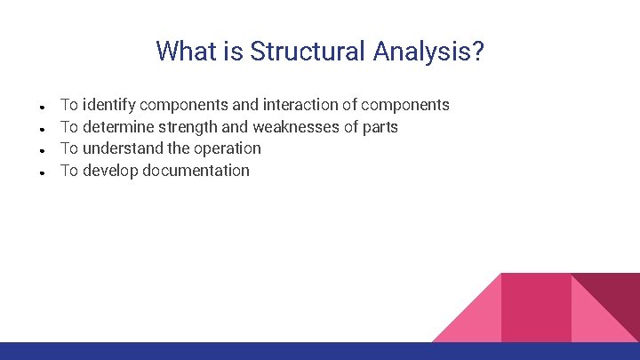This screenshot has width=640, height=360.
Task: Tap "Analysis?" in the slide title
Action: pos(428,51)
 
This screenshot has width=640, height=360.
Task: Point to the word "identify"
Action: pos(109,105)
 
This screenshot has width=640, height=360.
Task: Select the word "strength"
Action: pos(188,127)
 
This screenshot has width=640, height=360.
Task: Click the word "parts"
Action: pos(380,127)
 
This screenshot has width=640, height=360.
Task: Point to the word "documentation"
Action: pos(196,171)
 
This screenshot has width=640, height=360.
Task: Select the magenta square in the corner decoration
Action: pos(536,307)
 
